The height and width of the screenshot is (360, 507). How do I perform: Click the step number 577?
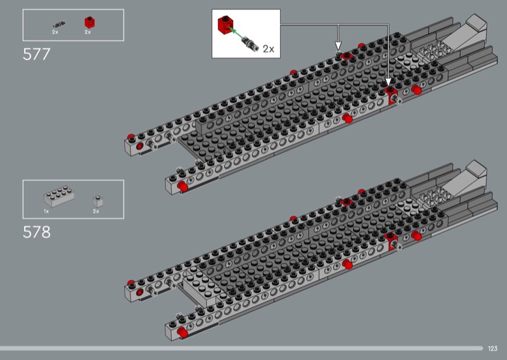(x=37, y=55)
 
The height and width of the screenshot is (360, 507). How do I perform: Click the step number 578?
(x=37, y=232)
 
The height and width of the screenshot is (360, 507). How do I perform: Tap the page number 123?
(x=493, y=349)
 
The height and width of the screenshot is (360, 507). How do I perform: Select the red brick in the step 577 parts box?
(x=89, y=23)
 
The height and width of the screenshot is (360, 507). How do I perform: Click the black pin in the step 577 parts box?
(x=59, y=25)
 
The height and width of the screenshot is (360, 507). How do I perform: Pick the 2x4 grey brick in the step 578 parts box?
(x=59, y=196)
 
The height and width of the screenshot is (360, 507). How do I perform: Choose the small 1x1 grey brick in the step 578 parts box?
(x=98, y=201)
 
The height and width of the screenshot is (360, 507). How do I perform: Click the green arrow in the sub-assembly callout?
(x=236, y=34)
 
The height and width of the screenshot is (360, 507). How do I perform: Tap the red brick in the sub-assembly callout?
(x=226, y=25)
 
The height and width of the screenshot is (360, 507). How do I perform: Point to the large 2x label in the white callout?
(x=268, y=49)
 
